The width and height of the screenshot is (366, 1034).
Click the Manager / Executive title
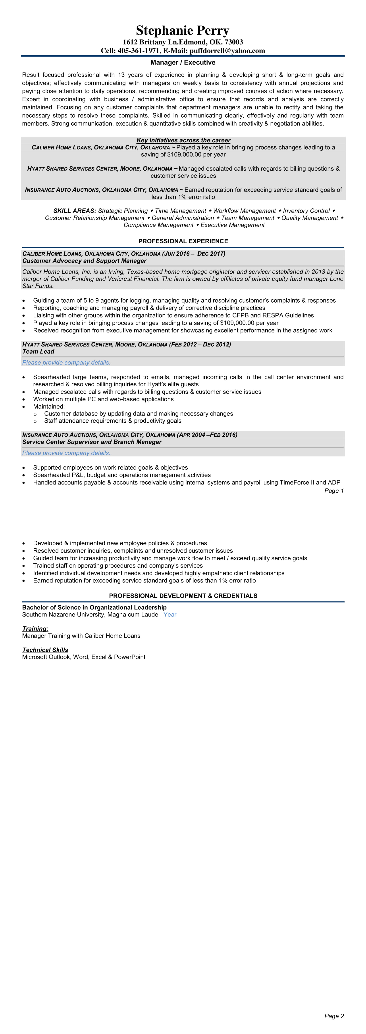(x=183, y=63)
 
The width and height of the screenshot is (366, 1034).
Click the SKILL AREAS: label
(x=75, y=211)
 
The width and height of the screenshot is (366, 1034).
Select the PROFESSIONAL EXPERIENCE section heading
(x=183, y=241)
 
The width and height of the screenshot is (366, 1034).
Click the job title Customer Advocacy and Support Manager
(x=84, y=261)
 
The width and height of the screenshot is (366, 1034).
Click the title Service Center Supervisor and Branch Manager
(x=92, y=442)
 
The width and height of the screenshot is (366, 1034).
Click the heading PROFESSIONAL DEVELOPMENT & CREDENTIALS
(x=183, y=596)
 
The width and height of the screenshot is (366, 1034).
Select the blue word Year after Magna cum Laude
(x=170, y=614)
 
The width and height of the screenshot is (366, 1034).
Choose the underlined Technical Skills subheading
(x=45, y=650)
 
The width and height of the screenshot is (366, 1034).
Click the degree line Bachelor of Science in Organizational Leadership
(x=94, y=607)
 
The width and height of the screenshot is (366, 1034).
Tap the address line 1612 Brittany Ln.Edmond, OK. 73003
(x=183, y=42)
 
